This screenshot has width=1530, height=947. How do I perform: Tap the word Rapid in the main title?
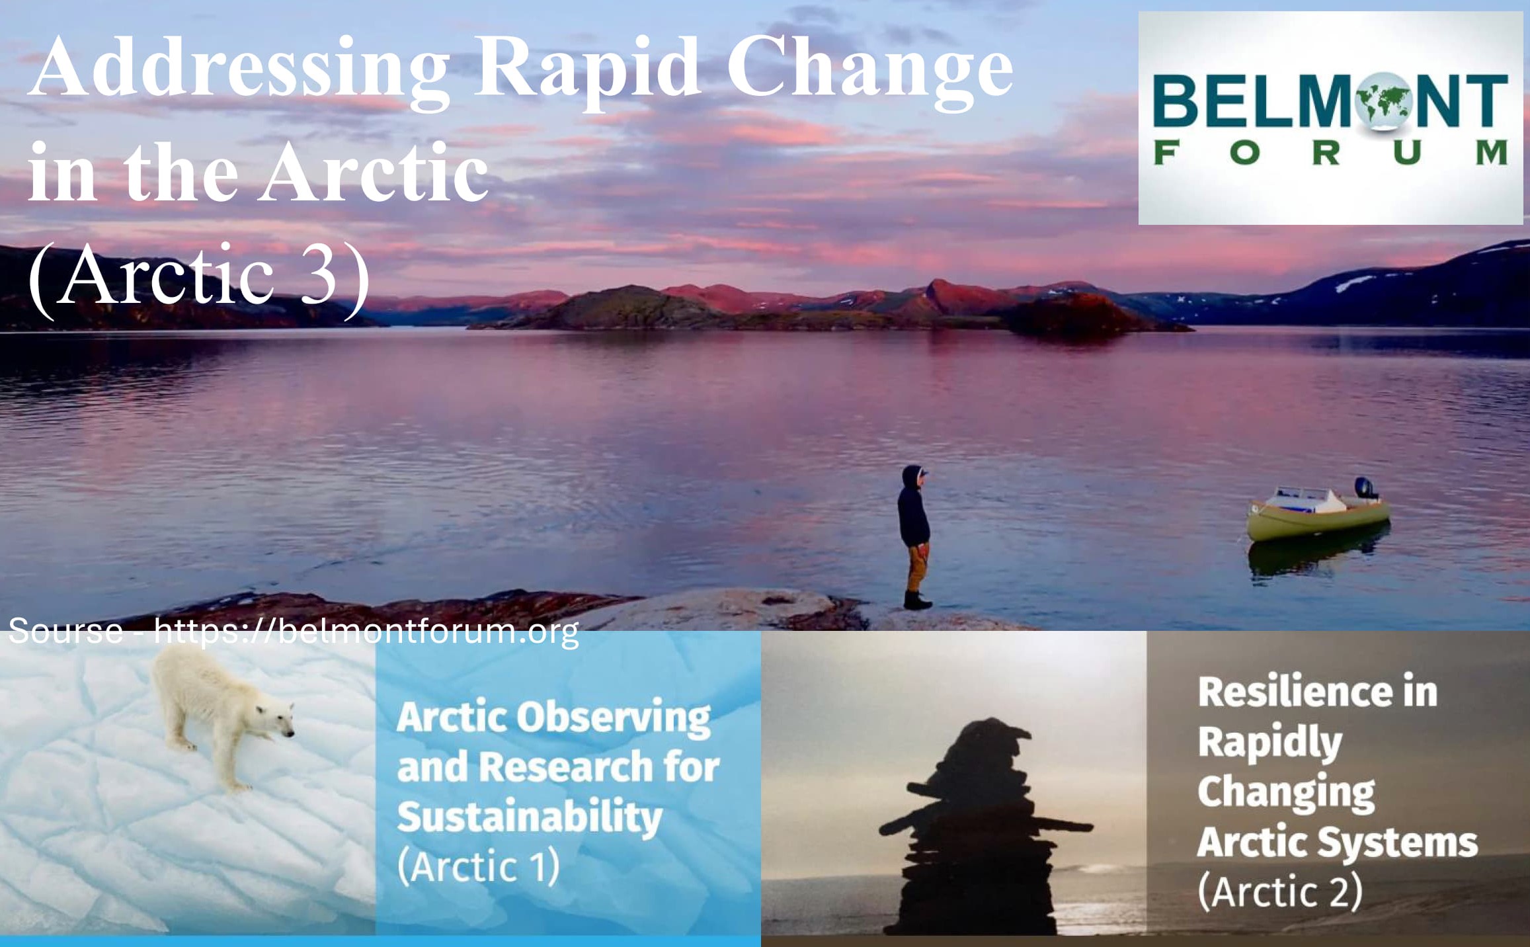point(588,72)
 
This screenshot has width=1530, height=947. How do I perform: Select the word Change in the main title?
point(869,72)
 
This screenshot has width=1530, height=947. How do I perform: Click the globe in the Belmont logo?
point(1383,101)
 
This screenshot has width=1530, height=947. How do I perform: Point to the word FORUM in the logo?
point(1330,152)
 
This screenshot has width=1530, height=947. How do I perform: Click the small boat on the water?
point(1318,509)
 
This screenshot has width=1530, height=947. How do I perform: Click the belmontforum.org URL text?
point(366,631)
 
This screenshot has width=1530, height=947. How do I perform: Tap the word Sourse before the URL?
point(66,631)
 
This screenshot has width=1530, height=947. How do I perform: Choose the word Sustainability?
point(530,817)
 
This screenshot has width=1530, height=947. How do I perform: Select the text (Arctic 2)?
point(1280,891)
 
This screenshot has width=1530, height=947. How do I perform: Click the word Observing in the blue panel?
point(614,718)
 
